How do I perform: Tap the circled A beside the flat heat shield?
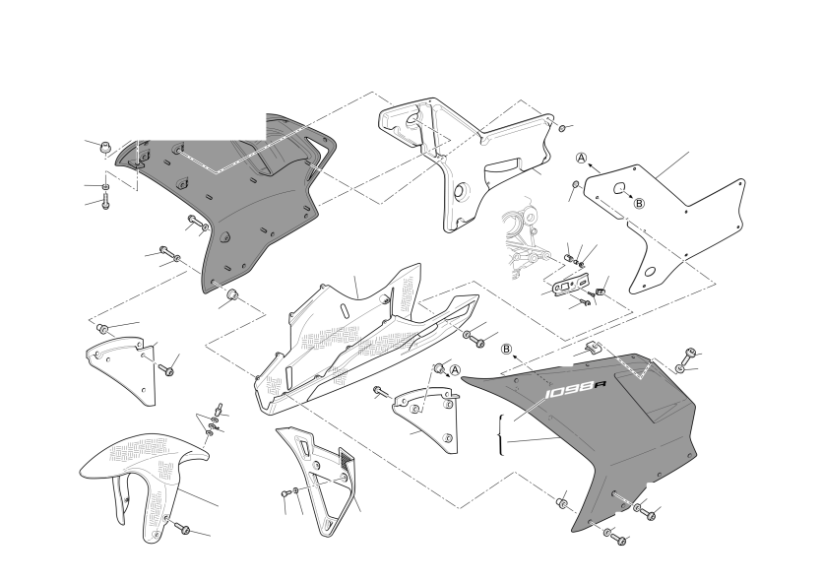pyautogui.click(x=582, y=159)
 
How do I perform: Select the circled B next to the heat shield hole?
pyautogui.click(x=638, y=203)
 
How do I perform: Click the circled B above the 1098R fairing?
pyautogui.click(x=506, y=349)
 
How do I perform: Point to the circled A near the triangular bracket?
pyautogui.click(x=456, y=369)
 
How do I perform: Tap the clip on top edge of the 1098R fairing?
pyautogui.click(x=593, y=347)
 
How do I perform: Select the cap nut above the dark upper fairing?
pyautogui.click(x=100, y=147)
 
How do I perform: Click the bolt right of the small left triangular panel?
pyautogui.click(x=167, y=369)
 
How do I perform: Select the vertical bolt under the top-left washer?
pyautogui.click(x=104, y=201)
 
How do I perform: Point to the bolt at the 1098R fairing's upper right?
pyautogui.click(x=690, y=355)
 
